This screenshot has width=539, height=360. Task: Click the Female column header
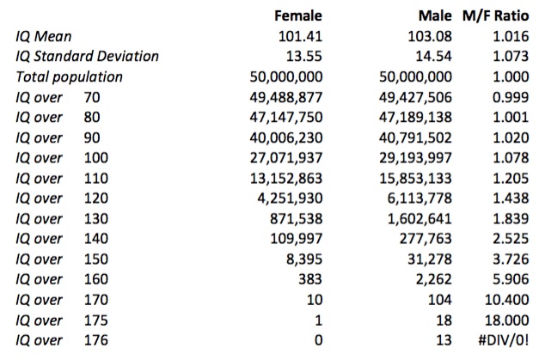pos(297,15)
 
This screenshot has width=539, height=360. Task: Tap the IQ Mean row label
pos(45,36)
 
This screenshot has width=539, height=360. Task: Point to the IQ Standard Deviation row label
pos(88,57)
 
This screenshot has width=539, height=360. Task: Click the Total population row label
pos(70,77)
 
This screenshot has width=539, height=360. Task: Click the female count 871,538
pos(294,219)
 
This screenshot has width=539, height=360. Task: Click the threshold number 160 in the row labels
pos(96,280)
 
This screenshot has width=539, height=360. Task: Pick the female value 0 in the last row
pos(317,341)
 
